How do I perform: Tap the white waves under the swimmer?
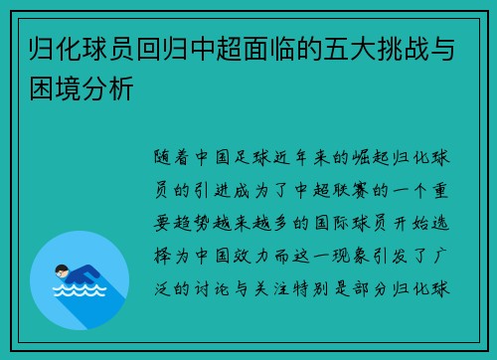79,291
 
